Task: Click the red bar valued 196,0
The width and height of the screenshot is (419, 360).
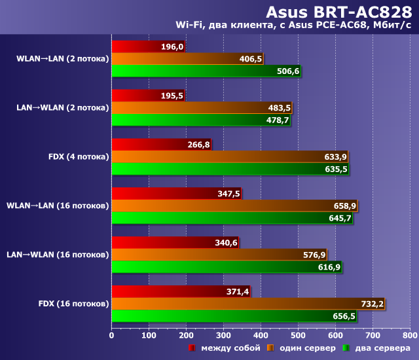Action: click(148, 46)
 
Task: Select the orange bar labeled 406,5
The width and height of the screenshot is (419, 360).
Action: click(187, 59)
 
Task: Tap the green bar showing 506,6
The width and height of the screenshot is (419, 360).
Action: click(206, 71)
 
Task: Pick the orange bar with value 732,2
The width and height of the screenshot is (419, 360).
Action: click(247, 304)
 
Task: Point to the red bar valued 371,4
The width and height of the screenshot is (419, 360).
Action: click(181, 291)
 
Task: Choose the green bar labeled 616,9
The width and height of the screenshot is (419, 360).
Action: click(227, 267)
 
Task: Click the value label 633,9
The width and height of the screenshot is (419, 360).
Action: click(335, 157)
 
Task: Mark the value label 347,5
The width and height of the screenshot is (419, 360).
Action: click(228, 194)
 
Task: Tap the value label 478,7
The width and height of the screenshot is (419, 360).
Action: click(278, 120)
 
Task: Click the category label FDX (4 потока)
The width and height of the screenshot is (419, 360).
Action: click(79, 157)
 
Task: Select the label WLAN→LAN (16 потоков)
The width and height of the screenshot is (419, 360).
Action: click(58, 206)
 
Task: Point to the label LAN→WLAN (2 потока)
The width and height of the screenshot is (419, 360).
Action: click(63, 107)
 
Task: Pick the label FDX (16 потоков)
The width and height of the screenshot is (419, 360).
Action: click(74, 304)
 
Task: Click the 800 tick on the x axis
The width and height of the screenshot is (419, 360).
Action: click(410, 335)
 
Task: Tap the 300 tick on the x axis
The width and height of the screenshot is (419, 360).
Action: click(224, 335)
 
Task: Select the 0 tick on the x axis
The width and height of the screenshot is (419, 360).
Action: click(112, 335)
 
